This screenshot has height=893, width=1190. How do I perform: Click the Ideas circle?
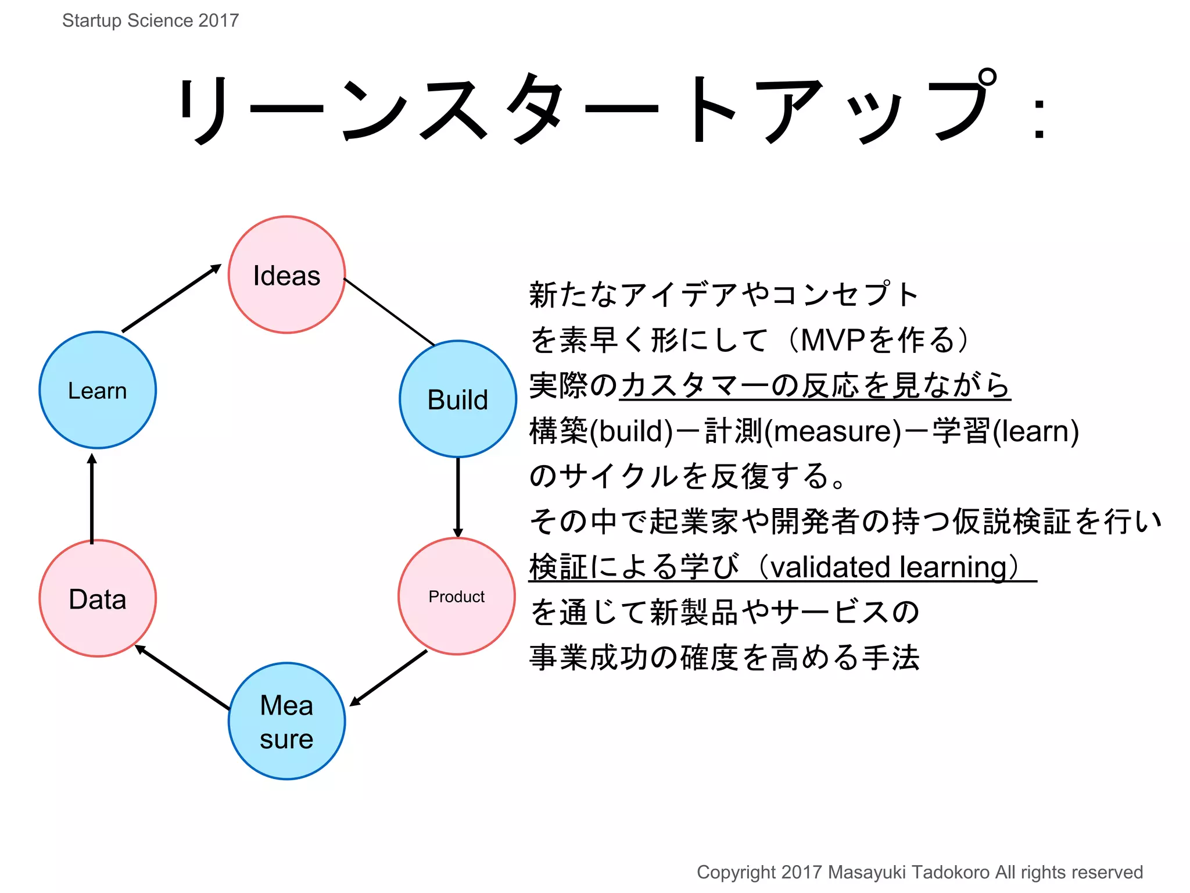click(x=286, y=275)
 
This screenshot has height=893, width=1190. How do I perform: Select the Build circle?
click(x=458, y=399)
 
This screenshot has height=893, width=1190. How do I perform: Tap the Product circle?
click(x=457, y=596)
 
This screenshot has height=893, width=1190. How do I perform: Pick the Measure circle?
click(x=286, y=721)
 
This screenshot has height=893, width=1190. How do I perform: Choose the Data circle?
click(x=98, y=599)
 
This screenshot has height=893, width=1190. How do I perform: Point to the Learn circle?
click(x=98, y=390)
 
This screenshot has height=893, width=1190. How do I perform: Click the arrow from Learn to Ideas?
click(x=171, y=299)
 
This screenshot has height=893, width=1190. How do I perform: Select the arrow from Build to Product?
click(x=458, y=497)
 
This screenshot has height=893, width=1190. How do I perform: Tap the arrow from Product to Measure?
click(x=388, y=678)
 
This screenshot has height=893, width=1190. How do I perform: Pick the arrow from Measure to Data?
click(x=182, y=677)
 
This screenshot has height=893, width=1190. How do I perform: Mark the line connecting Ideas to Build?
click(x=389, y=312)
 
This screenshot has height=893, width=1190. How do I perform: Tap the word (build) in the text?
click(x=631, y=431)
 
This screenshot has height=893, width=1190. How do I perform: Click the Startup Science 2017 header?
click(x=150, y=20)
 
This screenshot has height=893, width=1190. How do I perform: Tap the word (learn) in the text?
click(x=1035, y=431)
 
